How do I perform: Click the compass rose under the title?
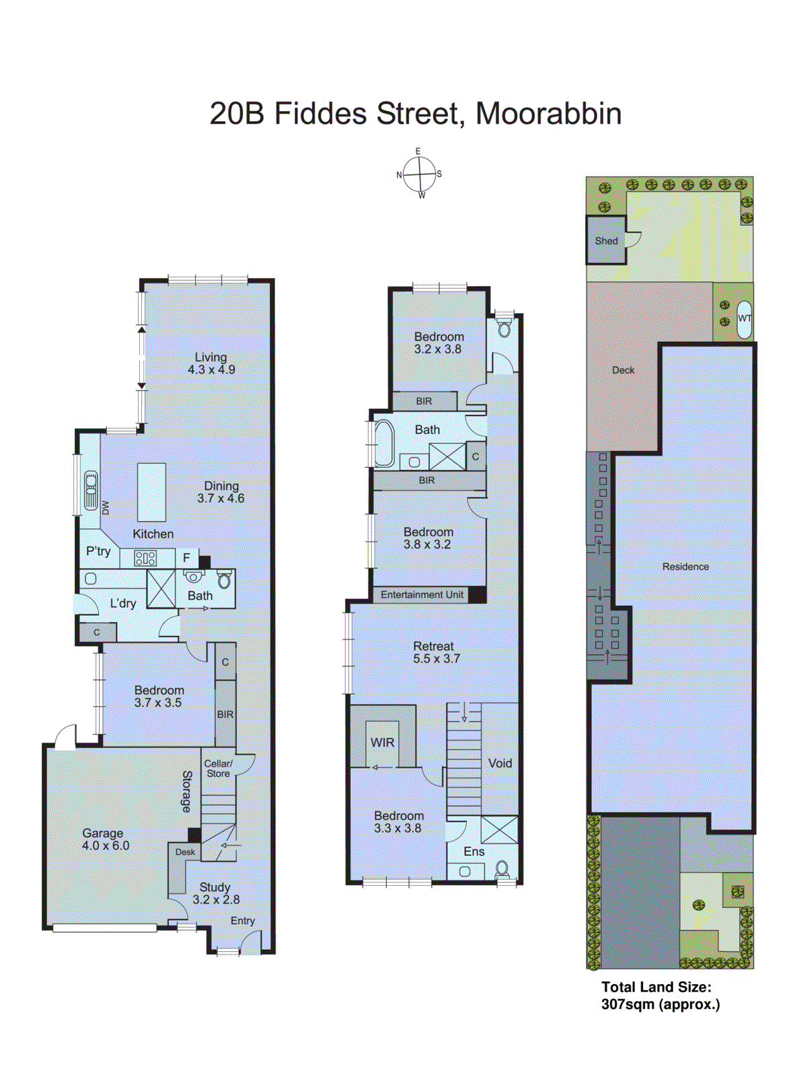tap(420, 174)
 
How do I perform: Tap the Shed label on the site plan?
tap(606, 241)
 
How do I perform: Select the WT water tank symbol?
tap(745, 319)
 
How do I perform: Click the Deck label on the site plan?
tap(623, 370)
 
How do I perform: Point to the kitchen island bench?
tap(151, 492)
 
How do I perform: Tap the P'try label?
tap(98, 551)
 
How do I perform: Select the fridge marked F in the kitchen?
tap(187, 558)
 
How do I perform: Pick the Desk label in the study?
tap(185, 852)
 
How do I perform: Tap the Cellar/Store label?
tap(218, 769)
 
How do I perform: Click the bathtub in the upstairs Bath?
tap(384, 444)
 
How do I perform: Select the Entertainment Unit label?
tap(422, 595)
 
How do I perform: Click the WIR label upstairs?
tap(382, 742)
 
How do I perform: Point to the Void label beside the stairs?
tap(500, 763)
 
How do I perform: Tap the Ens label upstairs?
tap(474, 852)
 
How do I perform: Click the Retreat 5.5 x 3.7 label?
tap(436, 652)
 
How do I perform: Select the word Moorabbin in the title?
tap(548, 113)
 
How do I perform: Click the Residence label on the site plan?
tap(685, 567)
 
